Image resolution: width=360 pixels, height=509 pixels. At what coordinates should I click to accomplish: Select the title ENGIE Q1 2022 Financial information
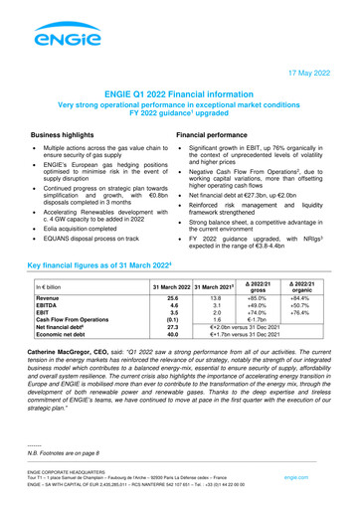[179, 91]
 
